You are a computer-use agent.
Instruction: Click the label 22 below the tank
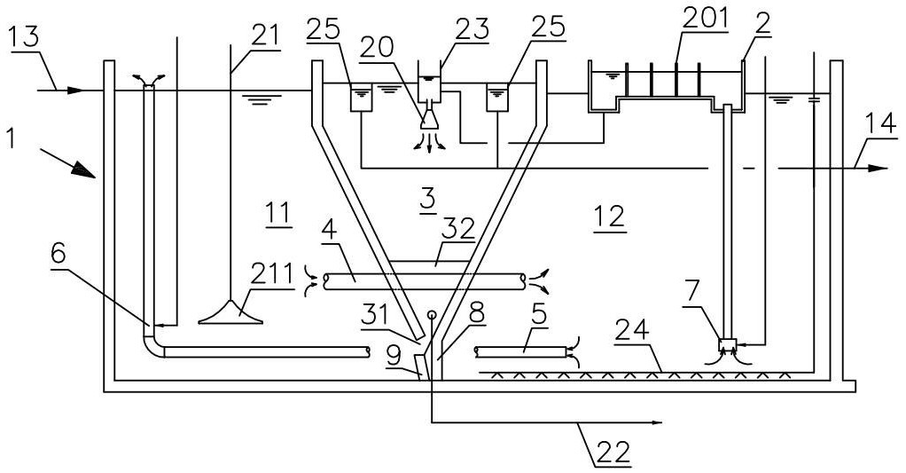click(610, 451)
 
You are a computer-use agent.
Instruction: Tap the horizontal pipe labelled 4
click(426, 281)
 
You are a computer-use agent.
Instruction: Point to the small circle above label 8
click(431, 313)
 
